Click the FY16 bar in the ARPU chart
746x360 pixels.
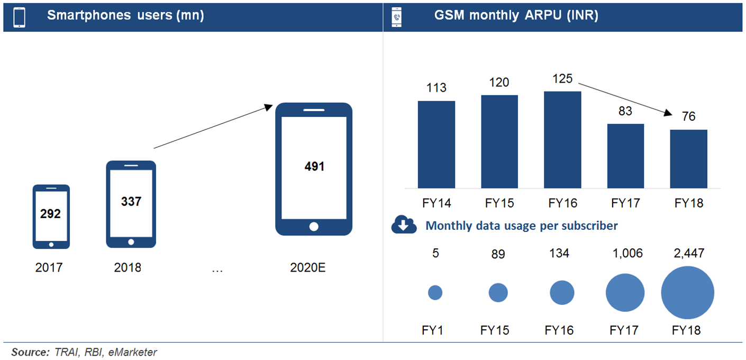pos(562,140)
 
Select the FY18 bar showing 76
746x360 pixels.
pos(688,159)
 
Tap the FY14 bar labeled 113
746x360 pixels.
pos(436,145)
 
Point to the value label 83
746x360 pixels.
pos(625,111)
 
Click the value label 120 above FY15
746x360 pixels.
pos(499,83)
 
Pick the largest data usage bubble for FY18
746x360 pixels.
pos(687,292)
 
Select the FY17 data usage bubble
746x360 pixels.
pos(625,293)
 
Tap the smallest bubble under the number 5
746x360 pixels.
pos(435,293)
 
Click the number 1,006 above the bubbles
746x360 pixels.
pos(627,254)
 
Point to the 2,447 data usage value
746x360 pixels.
pos(689,254)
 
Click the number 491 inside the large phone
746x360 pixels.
pos(314,166)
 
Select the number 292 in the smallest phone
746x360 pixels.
pos(50,214)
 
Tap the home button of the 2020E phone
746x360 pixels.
pos(314,227)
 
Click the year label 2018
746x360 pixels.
pos(127,268)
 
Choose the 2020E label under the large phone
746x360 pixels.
pos(307,268)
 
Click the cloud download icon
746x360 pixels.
pos(404,224)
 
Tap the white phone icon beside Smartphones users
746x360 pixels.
pos(20,17)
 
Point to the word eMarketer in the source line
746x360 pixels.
pos(132,352)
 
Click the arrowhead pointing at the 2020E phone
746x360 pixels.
pos(268,107)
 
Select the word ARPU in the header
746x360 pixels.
pos(543,15)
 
